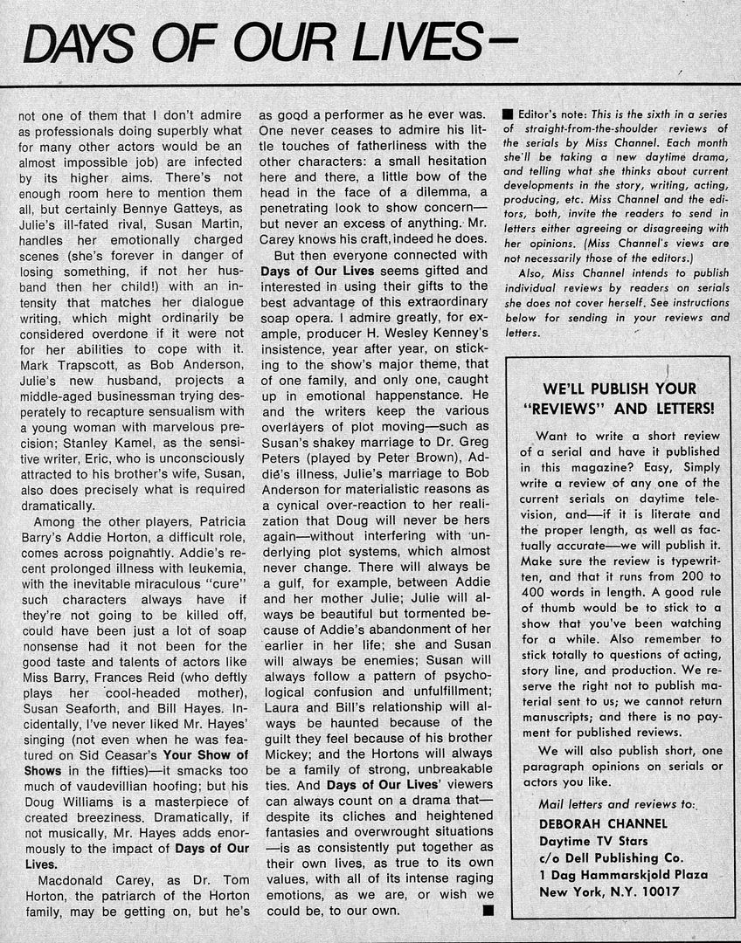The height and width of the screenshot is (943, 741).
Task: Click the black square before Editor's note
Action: [x=507, y=114]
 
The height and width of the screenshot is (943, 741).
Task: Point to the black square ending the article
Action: [x=488, y=912]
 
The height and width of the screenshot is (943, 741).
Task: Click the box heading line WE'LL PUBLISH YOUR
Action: [x=620, y=389]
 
